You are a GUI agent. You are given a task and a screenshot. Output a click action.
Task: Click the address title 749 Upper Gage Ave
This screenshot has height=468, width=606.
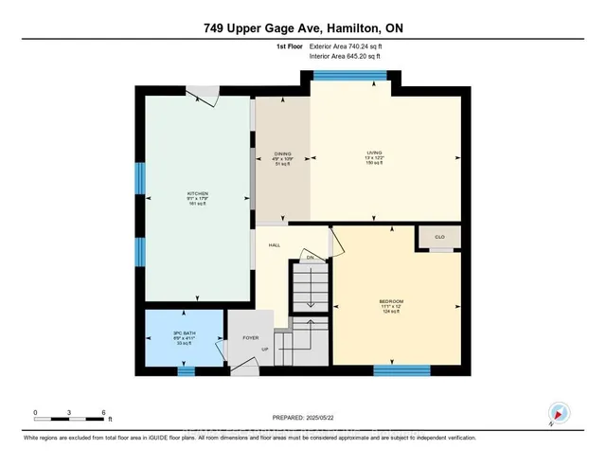[x=302, y=28]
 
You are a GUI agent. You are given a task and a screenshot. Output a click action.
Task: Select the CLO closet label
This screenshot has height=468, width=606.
[x=439, y=237]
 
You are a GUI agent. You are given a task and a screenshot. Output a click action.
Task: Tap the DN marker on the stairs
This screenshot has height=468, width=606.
[x=310, y=256]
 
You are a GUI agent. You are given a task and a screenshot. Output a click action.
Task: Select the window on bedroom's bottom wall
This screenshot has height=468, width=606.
[x=395, y=369]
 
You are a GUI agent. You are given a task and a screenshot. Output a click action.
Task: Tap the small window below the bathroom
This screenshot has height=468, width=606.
[x=187, y=369]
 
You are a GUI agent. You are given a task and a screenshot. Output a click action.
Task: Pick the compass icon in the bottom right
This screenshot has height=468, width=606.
[x=557, y=413]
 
